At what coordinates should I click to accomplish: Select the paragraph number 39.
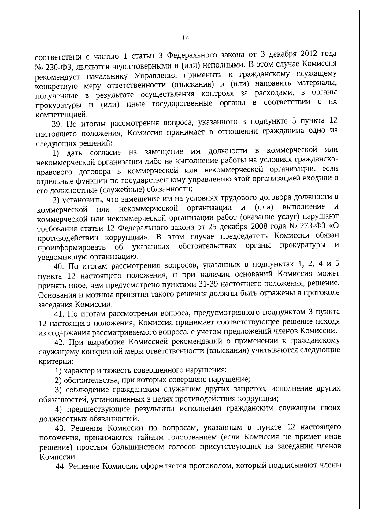click(x=57, y=124)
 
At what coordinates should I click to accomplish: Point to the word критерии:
click(x=56, y=361)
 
